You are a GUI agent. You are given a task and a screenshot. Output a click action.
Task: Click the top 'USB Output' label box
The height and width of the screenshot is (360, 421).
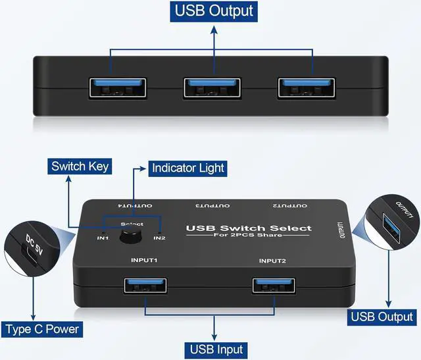213,11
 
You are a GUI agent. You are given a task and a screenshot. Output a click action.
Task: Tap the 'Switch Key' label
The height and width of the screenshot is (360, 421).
80,167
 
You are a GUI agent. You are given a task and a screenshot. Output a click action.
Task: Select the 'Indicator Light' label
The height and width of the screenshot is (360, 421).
188,168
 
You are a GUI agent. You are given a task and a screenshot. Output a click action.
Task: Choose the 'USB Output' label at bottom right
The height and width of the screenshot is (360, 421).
382,317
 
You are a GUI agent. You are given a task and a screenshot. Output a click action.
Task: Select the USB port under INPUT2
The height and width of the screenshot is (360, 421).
274,285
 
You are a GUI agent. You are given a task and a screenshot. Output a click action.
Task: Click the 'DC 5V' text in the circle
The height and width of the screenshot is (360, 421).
30,244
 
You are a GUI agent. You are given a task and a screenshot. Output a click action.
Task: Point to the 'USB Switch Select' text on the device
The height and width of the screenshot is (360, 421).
249,228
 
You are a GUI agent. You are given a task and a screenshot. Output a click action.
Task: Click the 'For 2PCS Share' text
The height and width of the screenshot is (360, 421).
249,236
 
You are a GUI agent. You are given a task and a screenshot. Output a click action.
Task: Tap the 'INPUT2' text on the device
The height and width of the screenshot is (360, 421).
272,261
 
